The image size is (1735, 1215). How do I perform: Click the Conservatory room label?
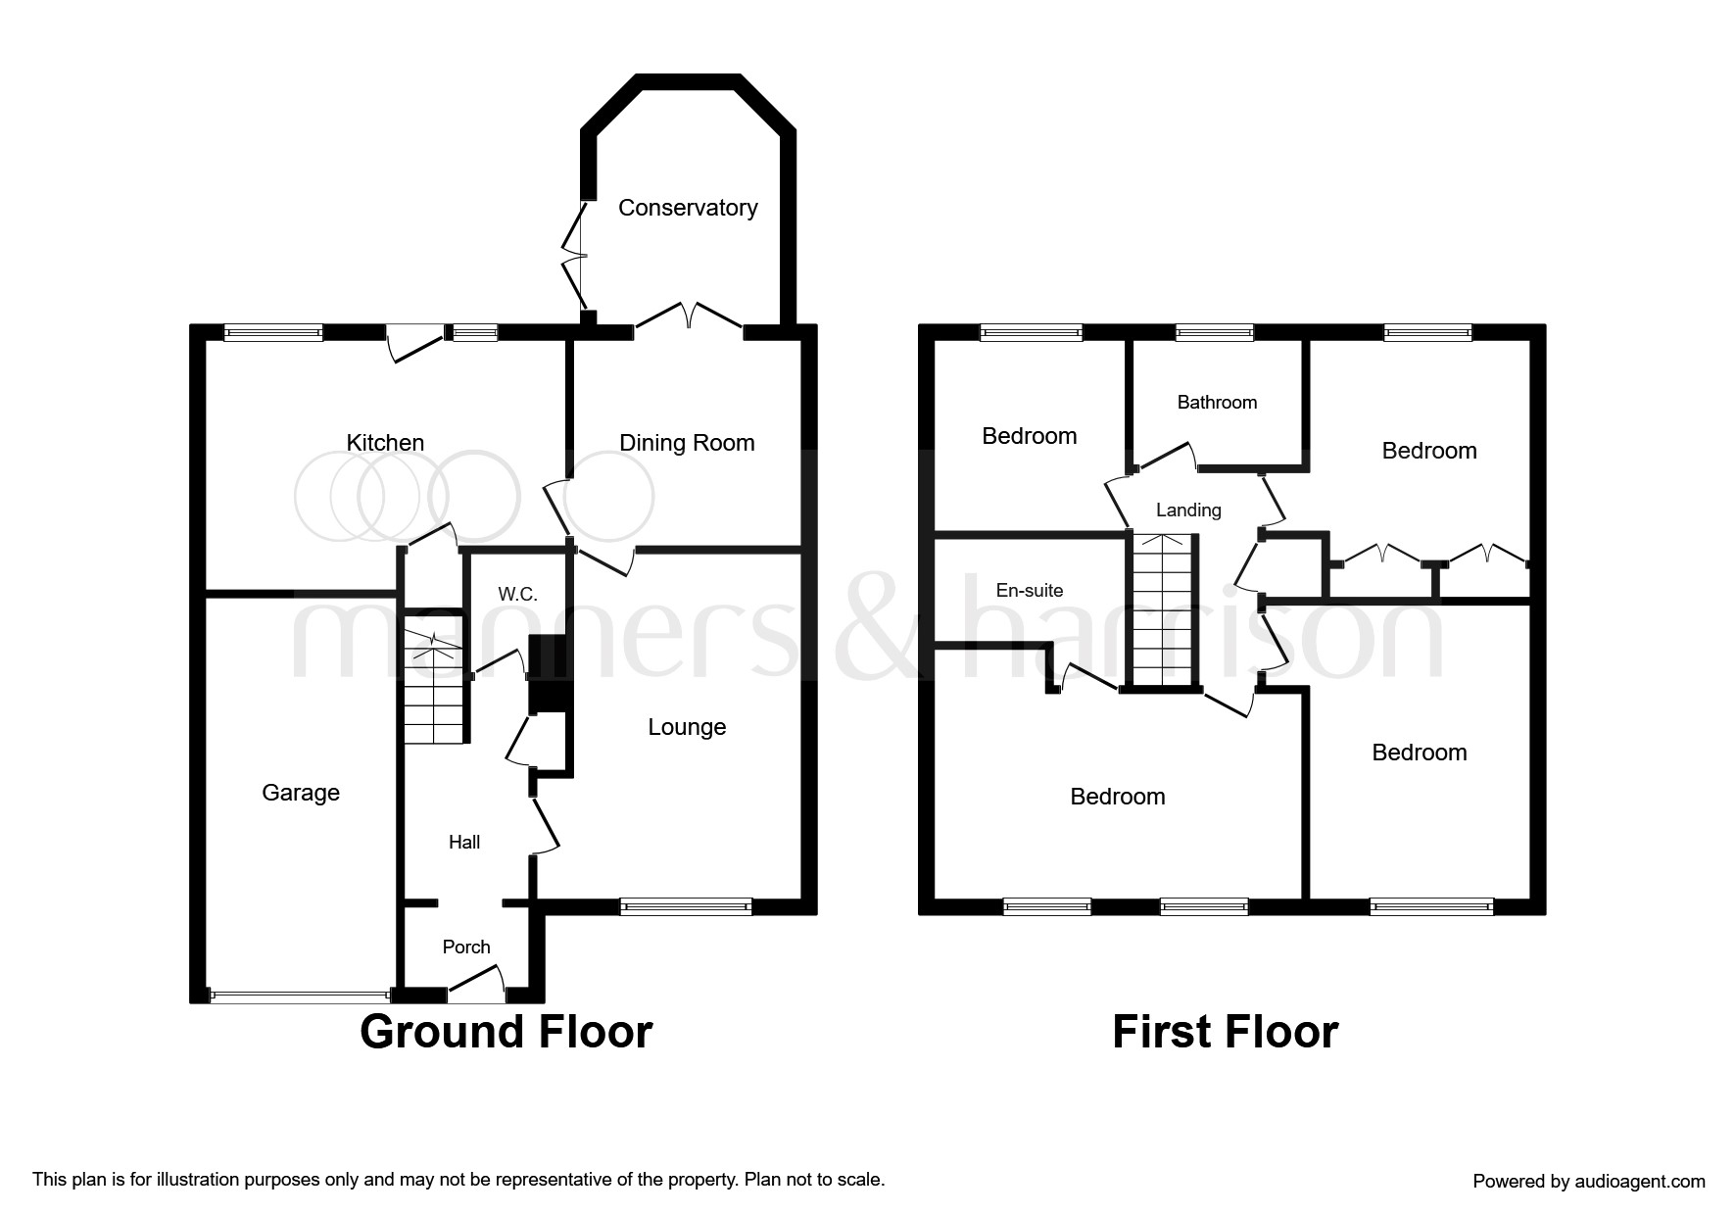(x=688, y=208)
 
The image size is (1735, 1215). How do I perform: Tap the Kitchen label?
(x=385, y=443)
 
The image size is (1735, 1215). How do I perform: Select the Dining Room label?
(x=687, y=443)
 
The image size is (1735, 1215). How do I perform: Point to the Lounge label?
(x=687, y=727)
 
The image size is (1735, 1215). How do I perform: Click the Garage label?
(x=301, y=793)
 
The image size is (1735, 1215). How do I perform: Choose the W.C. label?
(x=517, y=595)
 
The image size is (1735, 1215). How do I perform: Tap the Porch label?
(x=466, y=947)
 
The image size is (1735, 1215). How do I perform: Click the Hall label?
(x=464, y=842)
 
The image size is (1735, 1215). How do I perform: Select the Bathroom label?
(x=1217, y=403)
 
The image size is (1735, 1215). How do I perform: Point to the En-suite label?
(x=1030, y=590)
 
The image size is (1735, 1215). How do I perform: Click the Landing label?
(x=1188, y=510)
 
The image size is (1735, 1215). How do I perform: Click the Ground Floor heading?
(x=506, y=1032)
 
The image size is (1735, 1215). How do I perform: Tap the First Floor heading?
(x=1225, y=1032)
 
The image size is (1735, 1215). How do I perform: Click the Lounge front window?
(x=686, y=907)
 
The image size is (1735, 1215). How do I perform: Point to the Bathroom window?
(x=1214, y=333)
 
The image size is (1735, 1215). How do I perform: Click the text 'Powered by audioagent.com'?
(x=1588, y=1182)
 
